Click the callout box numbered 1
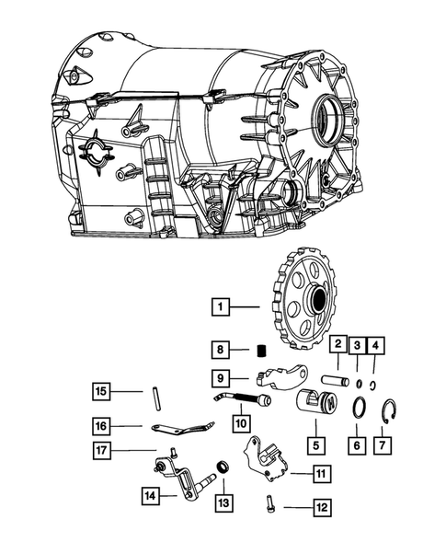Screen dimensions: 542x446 [x=220, y=304]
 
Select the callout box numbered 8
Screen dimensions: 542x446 [x=220, y=349]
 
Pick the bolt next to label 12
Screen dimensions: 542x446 [x=269, y=503]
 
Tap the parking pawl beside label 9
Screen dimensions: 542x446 [x=285, y=377]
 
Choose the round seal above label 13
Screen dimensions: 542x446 [x=222, y=466]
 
